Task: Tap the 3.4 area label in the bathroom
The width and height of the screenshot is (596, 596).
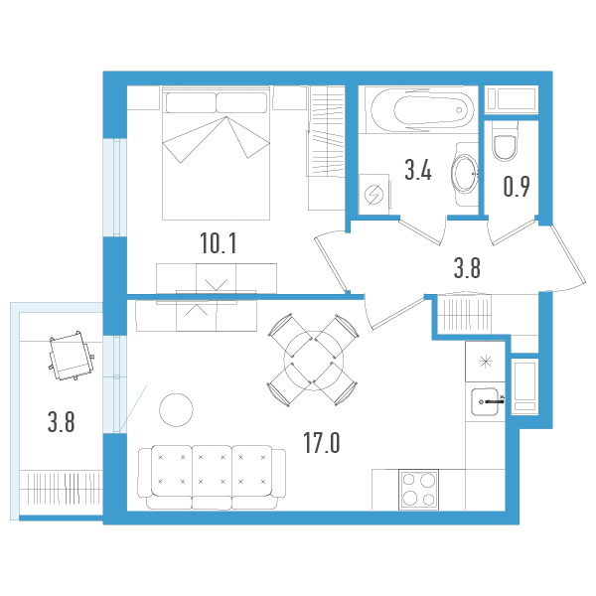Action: [x=417, y=171]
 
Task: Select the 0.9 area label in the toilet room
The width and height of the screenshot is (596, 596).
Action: [x=516, y=187]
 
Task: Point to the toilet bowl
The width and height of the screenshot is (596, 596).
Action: [x=506, y=145]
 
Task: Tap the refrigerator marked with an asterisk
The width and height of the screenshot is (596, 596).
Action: [x=485, y=361]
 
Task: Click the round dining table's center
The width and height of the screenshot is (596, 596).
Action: [x=309, y=359]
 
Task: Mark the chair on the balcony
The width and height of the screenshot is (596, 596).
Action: [x=70, y=356]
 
